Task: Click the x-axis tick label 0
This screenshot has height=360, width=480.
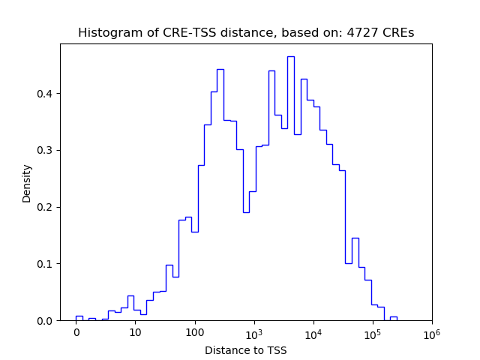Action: point(76,331)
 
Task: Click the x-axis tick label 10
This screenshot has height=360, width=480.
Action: point(135,331)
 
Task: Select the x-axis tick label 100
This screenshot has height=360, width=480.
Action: point(194,331)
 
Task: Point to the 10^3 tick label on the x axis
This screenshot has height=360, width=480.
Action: point(253,332)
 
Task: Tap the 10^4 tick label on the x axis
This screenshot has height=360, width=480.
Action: point(313,332)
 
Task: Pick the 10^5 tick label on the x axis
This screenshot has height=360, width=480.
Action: point(372,332)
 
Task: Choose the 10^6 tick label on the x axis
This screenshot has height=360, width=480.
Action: point(431,332)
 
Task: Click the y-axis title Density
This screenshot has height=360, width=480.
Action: point(27,183)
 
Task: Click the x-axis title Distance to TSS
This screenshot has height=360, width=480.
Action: point(246,349)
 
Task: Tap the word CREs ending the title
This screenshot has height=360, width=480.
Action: point(397,33)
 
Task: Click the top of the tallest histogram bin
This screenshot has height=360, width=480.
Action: point(290,56)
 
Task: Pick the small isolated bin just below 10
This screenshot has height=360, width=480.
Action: point(130,295)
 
